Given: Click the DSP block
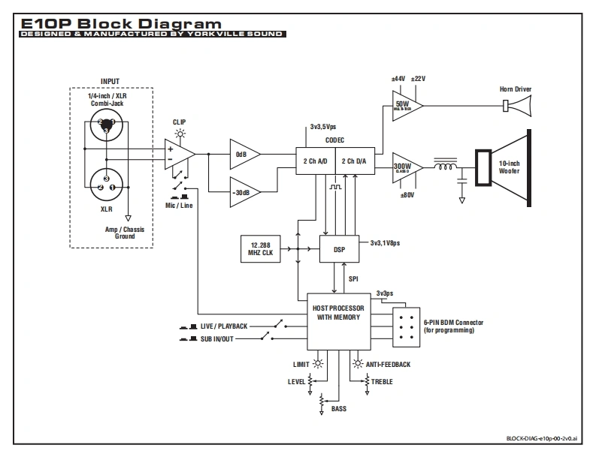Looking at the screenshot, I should (x=339, y=249).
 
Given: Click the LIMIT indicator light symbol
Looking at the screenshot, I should (x=319, y=363).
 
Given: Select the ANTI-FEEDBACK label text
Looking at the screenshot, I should (x=389, y=364).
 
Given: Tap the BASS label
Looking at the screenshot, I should (x=339, y=409).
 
